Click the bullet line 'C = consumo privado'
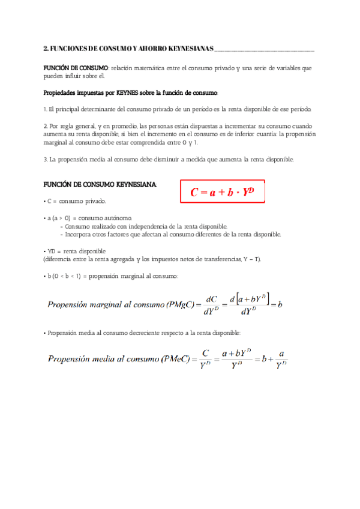tap(75, 201)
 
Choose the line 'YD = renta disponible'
tap(75, 251)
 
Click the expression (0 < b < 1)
tap(67, 276)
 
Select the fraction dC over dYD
tap(211, 304)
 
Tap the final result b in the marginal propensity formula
tap(280, 304)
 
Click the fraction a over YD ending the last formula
tap(281, 360)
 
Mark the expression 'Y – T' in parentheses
tap(247, 259)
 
